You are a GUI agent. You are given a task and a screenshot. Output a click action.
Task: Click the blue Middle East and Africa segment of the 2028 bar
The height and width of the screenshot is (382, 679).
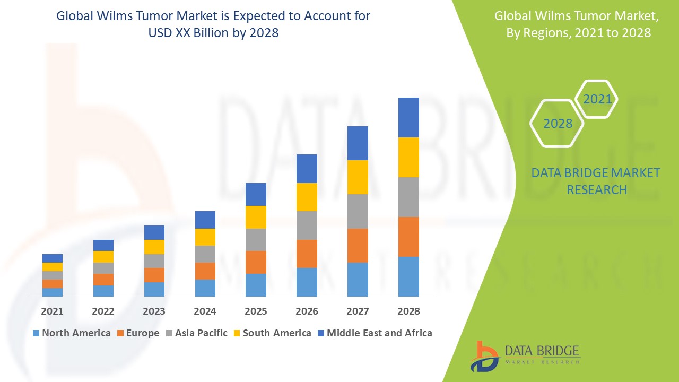(408, 117)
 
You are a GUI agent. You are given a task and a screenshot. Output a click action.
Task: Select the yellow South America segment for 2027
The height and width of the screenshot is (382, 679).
(358, 177)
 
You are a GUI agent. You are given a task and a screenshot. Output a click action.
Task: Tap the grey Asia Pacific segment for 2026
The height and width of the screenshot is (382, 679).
(307, 225)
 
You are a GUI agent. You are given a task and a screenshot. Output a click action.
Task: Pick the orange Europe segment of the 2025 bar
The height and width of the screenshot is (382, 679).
(256, 262)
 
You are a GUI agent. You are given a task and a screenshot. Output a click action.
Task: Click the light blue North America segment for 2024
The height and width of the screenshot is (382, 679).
(205, 288)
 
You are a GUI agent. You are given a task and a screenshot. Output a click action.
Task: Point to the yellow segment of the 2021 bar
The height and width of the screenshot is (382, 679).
(53, 267)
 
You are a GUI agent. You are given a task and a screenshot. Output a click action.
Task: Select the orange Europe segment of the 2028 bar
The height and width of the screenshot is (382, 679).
(408, 237)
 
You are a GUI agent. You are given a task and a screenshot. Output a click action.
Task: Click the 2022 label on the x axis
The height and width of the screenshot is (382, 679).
(103, 311)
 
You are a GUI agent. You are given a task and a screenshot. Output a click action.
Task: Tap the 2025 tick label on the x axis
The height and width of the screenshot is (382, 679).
(256, 311)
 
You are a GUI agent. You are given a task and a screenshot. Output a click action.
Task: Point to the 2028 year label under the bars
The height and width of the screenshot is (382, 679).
(408, 311)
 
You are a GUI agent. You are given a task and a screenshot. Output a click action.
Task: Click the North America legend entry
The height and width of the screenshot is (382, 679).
(72, 333)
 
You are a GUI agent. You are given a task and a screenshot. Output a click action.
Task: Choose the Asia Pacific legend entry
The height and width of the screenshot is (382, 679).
(196, 333)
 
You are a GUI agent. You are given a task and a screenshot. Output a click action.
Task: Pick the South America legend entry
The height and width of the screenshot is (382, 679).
(272, 333)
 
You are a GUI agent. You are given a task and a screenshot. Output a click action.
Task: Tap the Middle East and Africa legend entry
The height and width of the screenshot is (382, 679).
(374, 333)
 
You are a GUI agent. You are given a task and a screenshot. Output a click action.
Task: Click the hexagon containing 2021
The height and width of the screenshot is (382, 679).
(597, 99)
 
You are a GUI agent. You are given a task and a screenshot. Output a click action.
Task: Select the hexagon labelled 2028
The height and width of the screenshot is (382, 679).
(558, 124)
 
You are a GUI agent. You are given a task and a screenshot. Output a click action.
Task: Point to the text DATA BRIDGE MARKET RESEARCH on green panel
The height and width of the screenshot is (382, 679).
(596, 181)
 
